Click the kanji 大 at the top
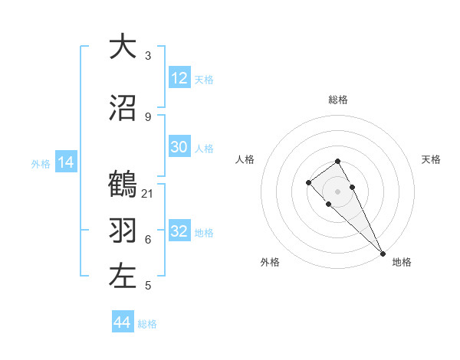point(123,47)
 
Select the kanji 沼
point(123,108)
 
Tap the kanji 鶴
point(123,185)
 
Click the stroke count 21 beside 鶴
point(148,193)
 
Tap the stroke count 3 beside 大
point(148,55)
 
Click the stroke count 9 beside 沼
point(148,116)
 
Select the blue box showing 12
point(179,78)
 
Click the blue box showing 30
point(179,147)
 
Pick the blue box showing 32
point(179,231)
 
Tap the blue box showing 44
point(122,322)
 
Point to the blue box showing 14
point(65,162)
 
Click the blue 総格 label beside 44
point(147,324)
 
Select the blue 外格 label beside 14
point(41,163)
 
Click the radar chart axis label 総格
point(337,100)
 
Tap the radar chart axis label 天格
point(431,159)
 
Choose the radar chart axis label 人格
point(245,159)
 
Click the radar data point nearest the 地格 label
point(383,254)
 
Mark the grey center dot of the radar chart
point(337,191)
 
